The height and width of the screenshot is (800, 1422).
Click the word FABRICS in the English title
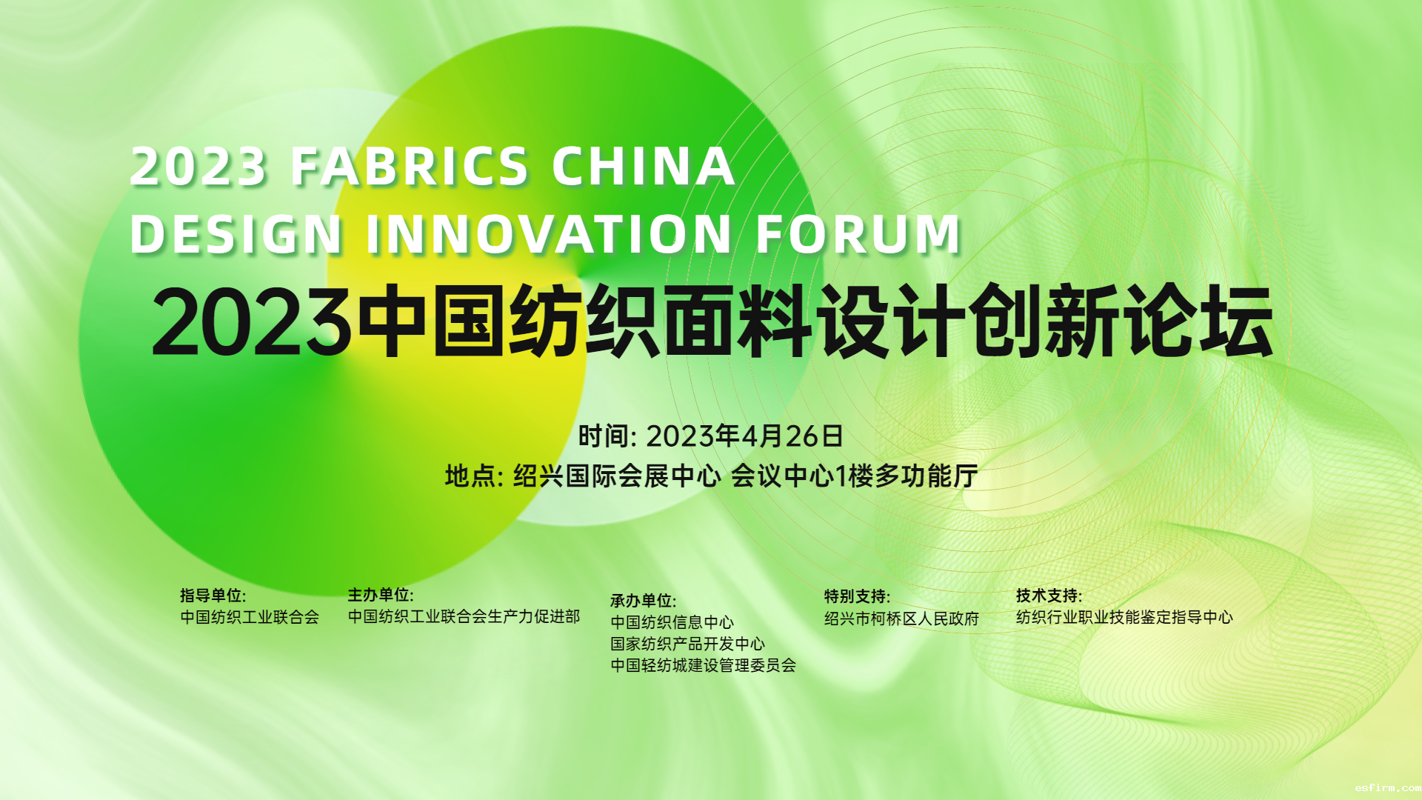point(410,166)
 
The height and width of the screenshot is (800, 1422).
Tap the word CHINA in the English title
point(644,166)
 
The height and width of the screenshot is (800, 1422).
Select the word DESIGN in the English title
point(236,234)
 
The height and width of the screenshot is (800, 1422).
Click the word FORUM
point(858,234)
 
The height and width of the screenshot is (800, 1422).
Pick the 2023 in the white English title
point(198,166)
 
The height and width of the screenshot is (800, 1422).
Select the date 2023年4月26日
point(744,436)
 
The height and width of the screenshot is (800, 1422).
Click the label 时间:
point(607,436)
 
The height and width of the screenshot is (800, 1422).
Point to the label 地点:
point(474,476)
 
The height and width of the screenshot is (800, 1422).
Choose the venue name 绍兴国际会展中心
point(617,476)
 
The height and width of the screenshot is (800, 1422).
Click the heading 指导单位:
point(213,596)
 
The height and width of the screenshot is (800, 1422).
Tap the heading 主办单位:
point(381,595)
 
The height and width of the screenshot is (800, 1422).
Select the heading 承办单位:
point(643,601)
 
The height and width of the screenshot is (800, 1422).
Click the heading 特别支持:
point(857,596)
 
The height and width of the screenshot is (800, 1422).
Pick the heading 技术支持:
point(1049,596)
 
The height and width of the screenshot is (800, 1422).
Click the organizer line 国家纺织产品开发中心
point(687,644)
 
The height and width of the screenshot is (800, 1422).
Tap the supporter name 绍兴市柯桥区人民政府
point(901,619)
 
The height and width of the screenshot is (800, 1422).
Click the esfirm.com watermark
point(1388,788)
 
